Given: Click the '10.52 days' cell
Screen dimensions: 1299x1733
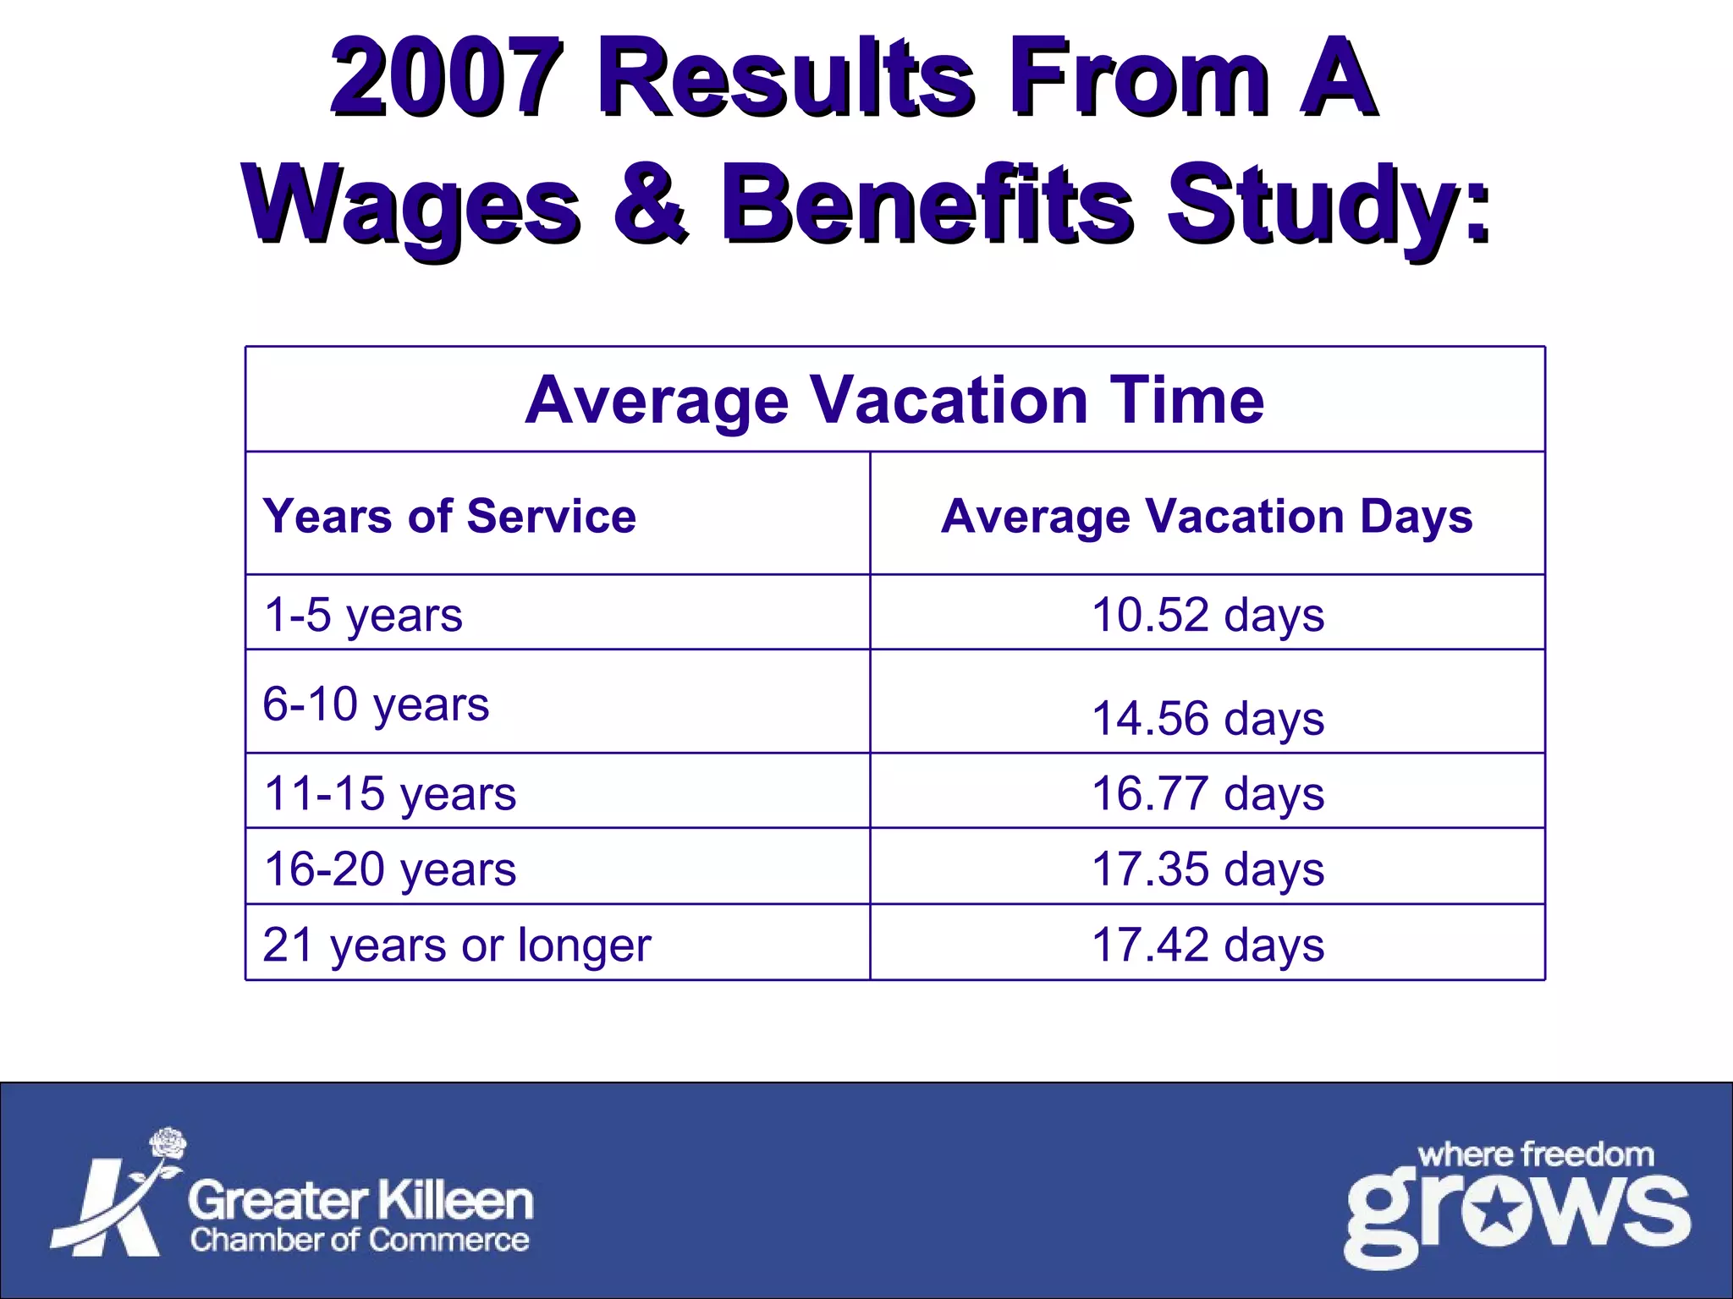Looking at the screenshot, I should pyautogui.click(x=1208, y=615).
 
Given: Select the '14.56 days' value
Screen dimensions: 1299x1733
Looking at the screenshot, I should pyautogui.click(x=1208, y=719).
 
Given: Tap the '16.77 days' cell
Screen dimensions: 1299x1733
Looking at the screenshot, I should pyautogui.click(x=1208, y=793).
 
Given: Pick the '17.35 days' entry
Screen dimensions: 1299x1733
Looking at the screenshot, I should pyautogui.click(x=1208, y=869).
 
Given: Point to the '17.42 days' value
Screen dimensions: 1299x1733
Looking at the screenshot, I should pyautogui.click(x=1208, y=945).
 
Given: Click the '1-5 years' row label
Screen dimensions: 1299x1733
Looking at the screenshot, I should pyautogui.click(x=363, y=615).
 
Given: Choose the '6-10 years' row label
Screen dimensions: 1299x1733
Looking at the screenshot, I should pyautogui.click(x=376, y=704).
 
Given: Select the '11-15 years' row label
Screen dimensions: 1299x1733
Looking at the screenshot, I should pyautogui.click(x=389, y=793).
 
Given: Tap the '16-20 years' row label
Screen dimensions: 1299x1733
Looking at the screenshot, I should pyautogui.click(x=389, y=869).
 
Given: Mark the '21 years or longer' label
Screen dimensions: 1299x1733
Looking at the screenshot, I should pyautogui.click(x=457, y=945).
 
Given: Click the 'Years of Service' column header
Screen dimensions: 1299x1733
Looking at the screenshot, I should pyautogui.click(x=449, y=516).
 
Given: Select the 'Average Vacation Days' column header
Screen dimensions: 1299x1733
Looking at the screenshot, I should pyautogui.click(x=1207, y=516).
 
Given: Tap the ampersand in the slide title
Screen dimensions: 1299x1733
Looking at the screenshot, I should pyautogui.click(x=650, y=203).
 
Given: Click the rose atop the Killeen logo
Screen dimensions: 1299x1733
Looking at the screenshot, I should pyautogui.click(x=168, y=1143).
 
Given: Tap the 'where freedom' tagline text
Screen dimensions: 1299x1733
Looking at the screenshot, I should pyautogui.click(x=1535, y=1154).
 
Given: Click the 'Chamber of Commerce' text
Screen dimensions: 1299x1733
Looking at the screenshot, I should pyautogui.click(x=360, y=1240).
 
